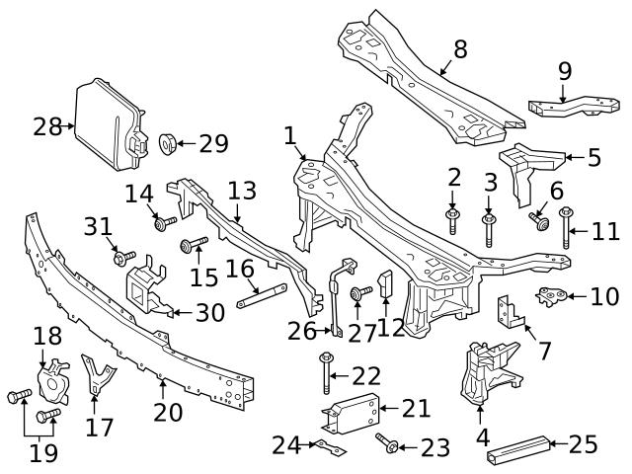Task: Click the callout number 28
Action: (45, 126)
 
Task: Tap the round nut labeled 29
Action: (166, 145)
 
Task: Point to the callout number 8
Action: (460, 49)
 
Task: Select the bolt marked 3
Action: (489, 228)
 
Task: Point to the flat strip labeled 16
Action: (262, 290)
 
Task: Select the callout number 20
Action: (168, 412)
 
